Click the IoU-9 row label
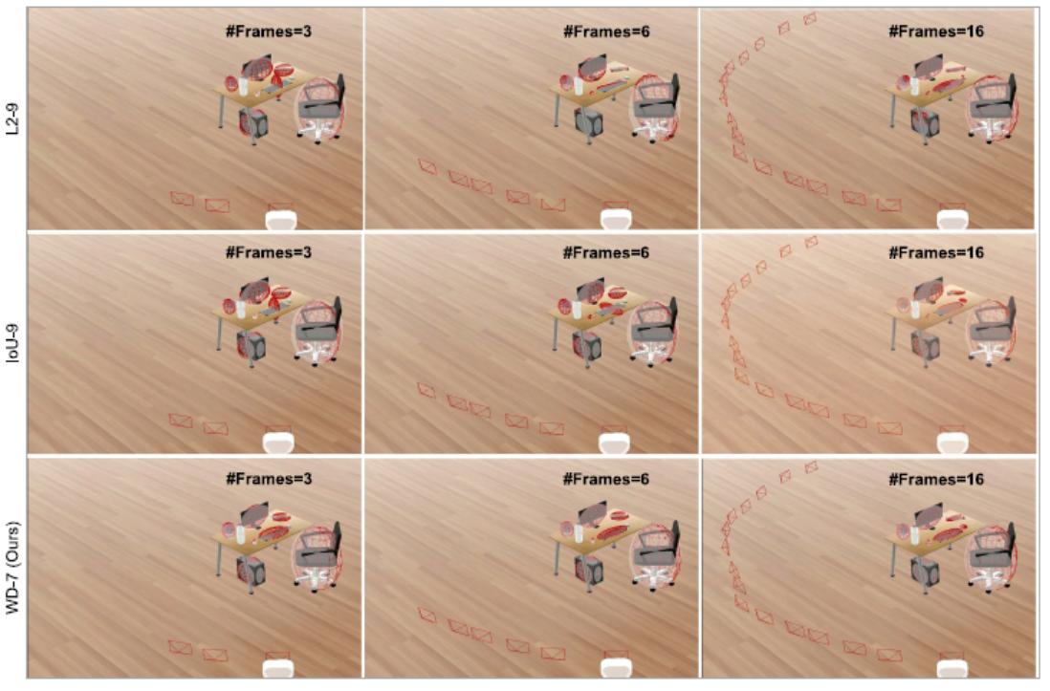(12, 344)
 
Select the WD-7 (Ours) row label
(12, 567)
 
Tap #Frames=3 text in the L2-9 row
(269, 31)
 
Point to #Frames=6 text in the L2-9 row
(606, 31)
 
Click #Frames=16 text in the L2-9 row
(935, 31)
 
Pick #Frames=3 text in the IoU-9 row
(269, 252)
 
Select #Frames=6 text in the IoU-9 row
(606, 252)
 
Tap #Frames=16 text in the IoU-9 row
(935, 252)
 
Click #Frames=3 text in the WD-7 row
(269, 479)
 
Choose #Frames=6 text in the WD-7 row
(606, 479)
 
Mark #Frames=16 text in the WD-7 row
(935, 480)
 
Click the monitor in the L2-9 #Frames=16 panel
(930, 68)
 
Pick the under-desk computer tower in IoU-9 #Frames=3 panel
(252, 345)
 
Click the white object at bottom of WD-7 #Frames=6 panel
(615, 667)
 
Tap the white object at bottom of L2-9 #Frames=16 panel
(953, 220)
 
